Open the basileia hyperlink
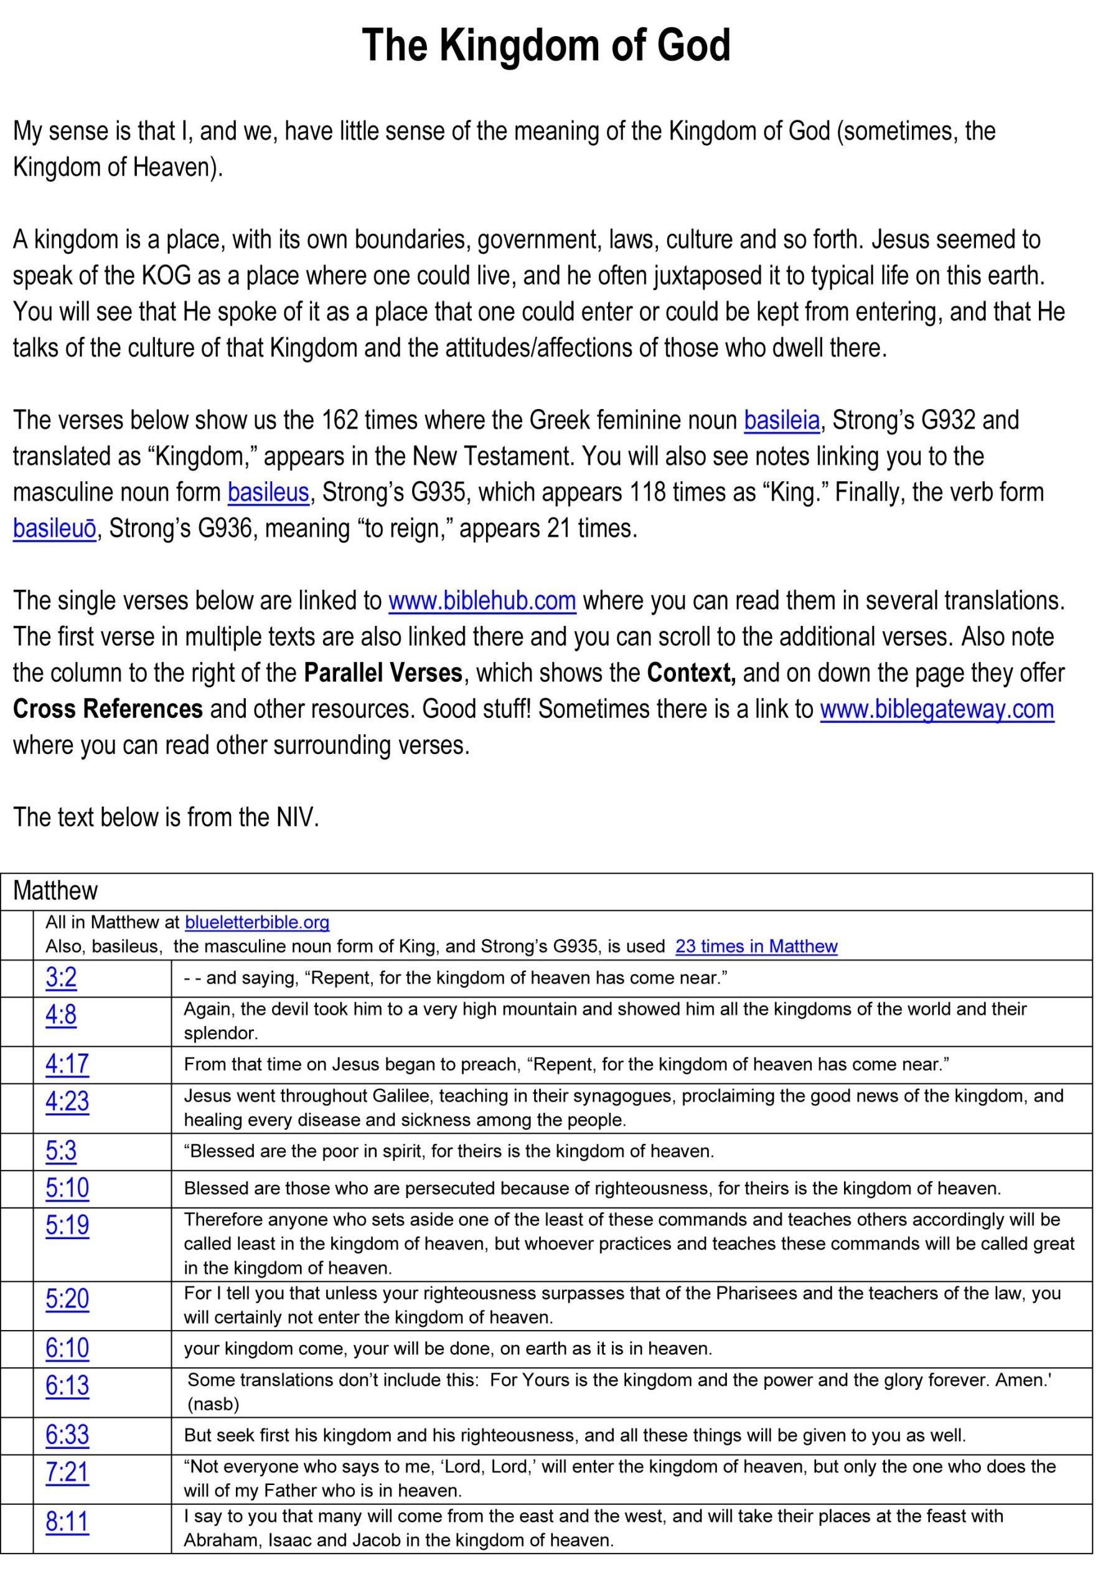(x=782, y=420)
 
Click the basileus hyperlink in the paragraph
(x=268, y=492)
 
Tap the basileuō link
(x=54, y=529)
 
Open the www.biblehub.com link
(x=482, y=601)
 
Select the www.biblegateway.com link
(x=936, y=709)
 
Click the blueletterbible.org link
(x=257, y=922)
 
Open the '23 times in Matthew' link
(x=756, y=946)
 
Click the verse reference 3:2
(x=61, y=978)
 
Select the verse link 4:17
(x=67, y=1064)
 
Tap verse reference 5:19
(x=67, y=1225)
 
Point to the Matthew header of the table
(x=56, y=891)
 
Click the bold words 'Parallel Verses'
(x=383, y=673)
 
